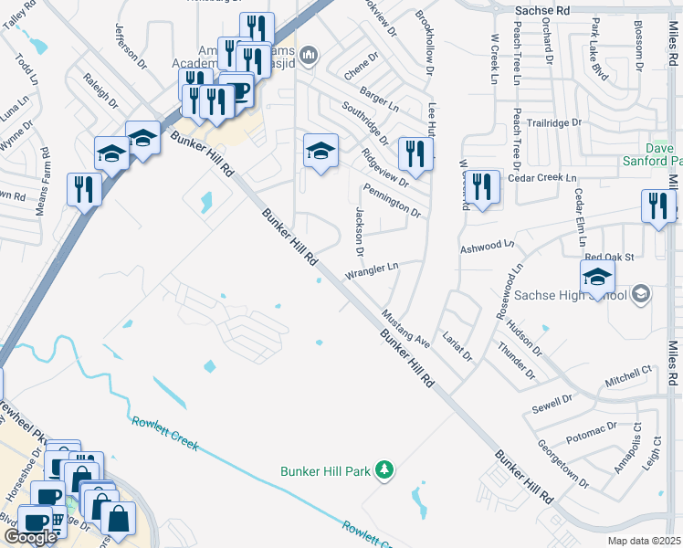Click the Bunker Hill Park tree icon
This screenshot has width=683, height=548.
[385, 470]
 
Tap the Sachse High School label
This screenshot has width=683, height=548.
[571, 295]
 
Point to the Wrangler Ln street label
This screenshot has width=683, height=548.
[372, 271]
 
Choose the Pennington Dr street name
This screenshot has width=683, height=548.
[392, 201]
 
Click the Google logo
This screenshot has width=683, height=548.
[30, 537]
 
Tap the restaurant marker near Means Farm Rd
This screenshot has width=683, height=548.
[83, 191]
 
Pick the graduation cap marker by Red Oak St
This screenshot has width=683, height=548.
[597, 278]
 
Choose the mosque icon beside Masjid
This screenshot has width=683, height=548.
[309, 57]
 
